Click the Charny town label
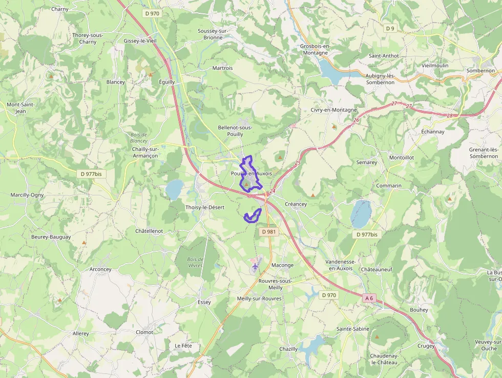[60, 9]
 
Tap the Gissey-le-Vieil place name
[140, 41]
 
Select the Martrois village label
[222, 68]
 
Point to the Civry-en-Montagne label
[334, 110]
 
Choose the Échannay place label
[433, 131]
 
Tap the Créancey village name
[296, 204]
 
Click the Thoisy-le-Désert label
[205, 207]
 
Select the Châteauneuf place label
[376, 269]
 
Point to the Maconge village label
[282, 265]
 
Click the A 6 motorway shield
[370, 298]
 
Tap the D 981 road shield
[268, 232]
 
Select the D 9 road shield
[391, 28]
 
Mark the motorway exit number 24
[273, 191]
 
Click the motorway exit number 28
[450, 115]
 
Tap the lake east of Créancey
[361, 214]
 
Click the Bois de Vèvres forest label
[196, 262]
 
